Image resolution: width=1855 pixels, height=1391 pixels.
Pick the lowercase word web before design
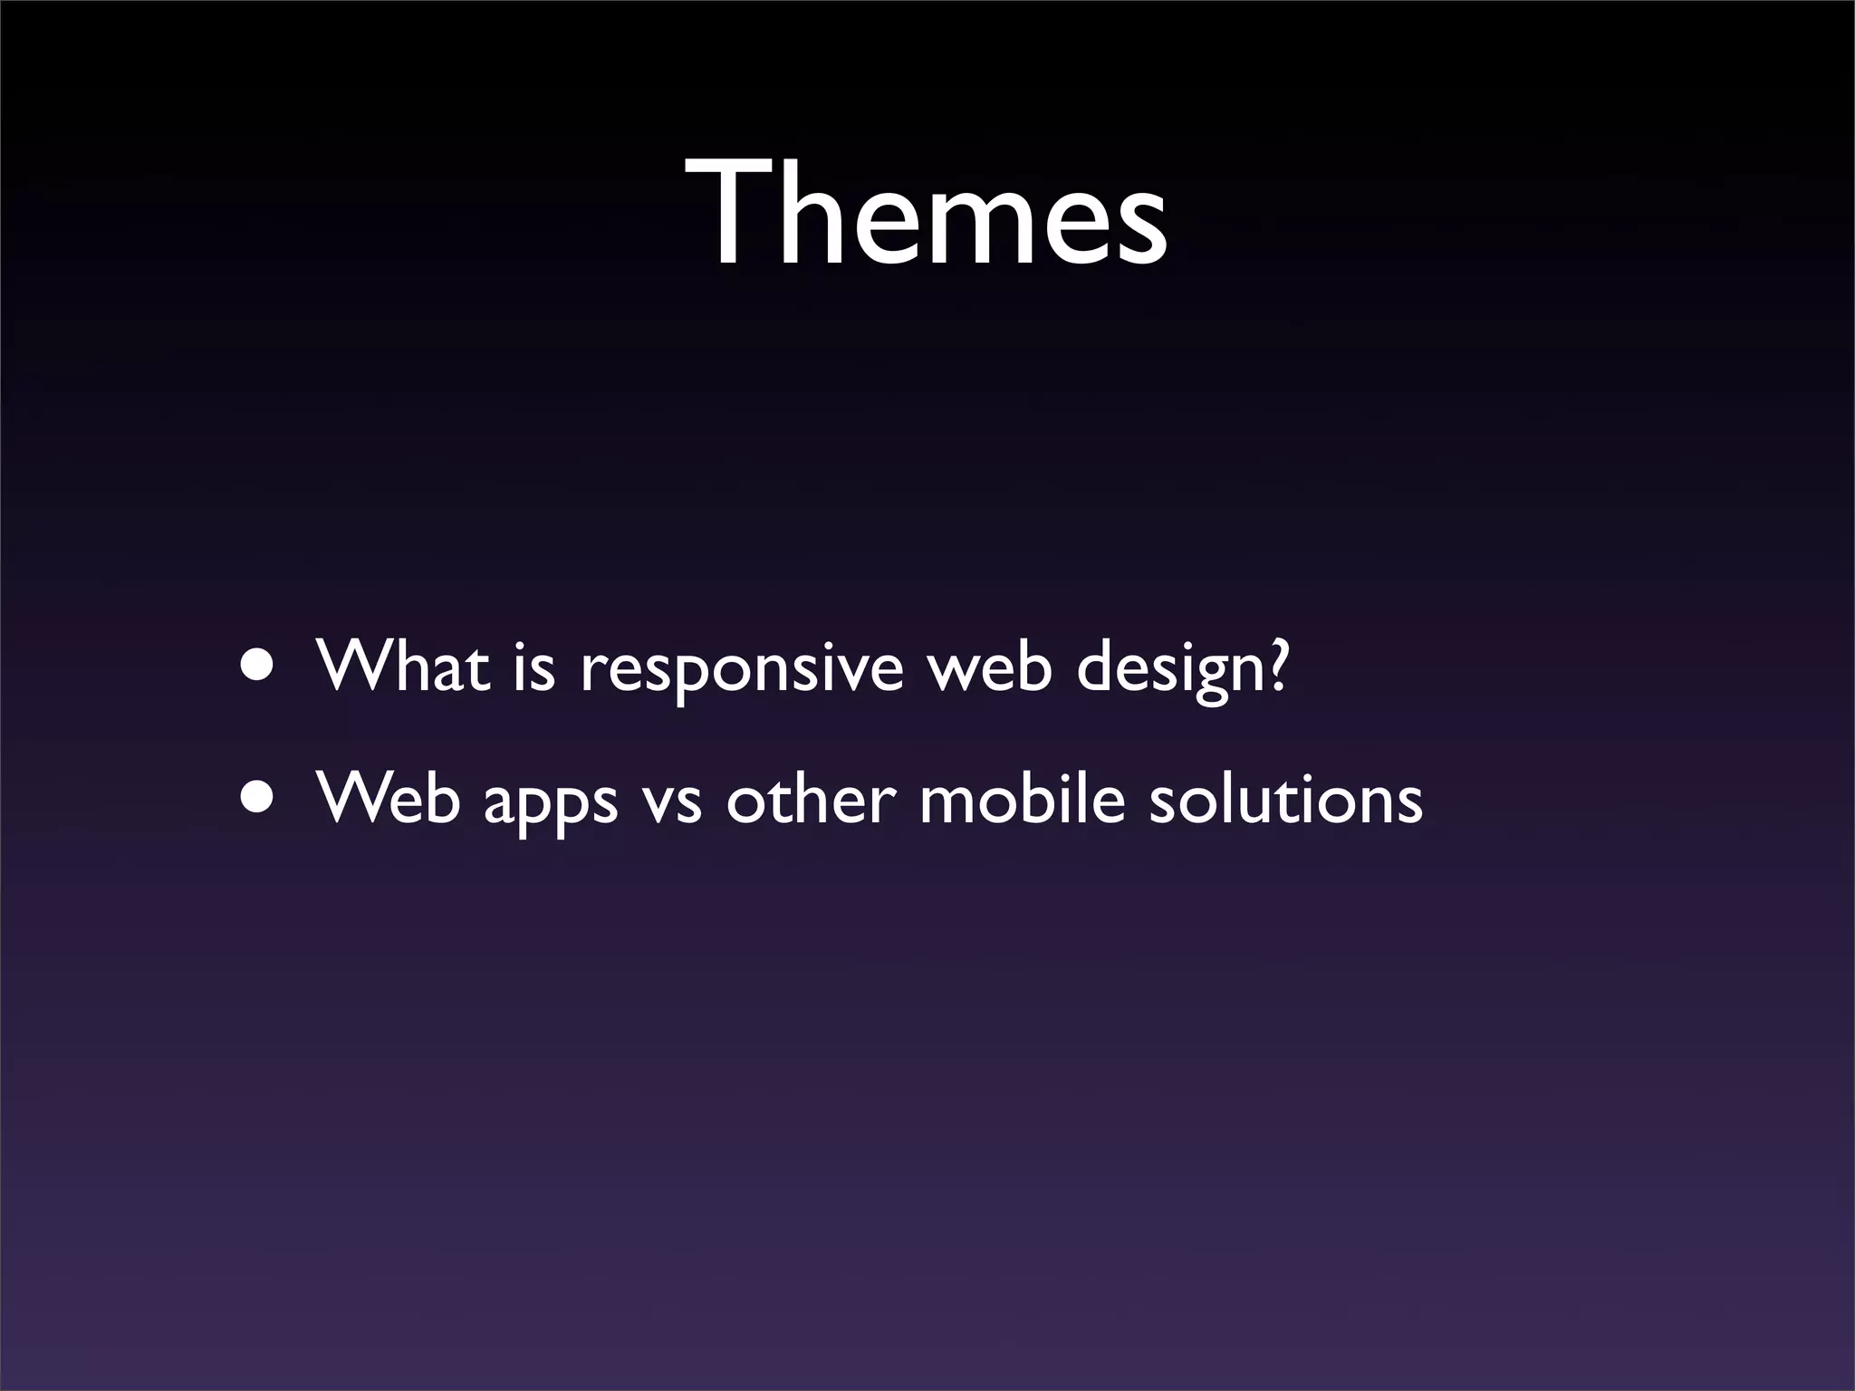click(x=991, y=667)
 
